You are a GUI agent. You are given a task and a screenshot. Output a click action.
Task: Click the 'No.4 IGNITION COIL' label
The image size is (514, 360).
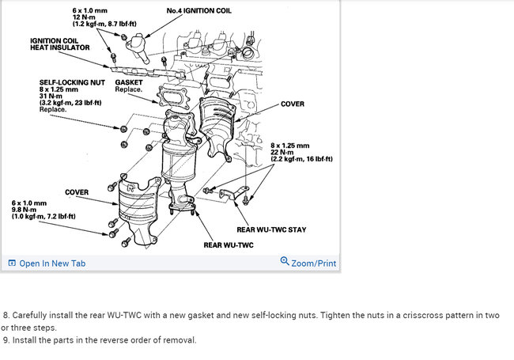click(198, 10)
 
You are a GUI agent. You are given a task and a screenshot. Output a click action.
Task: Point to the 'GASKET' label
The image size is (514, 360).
click(130, 82)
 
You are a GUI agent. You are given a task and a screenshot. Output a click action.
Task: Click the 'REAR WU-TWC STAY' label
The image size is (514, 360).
click(271, 230)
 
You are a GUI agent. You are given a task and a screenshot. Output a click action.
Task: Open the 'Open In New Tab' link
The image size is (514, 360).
click(52, 263)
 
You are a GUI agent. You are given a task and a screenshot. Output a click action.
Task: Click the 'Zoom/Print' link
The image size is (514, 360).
click(313, 263)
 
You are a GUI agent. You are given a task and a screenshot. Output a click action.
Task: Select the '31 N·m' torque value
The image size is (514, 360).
click(53, 96)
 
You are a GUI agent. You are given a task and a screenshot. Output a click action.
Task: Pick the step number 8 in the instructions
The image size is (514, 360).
click(6, 315)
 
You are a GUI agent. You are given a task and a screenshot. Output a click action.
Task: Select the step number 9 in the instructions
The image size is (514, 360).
click(6, 340)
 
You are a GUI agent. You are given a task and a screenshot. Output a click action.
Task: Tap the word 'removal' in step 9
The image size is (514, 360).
click(179, 340)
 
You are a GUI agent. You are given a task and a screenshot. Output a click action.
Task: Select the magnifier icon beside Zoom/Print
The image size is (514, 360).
click(285, 263)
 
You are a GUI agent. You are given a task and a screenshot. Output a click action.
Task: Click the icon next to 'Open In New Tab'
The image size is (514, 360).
click(12, 263)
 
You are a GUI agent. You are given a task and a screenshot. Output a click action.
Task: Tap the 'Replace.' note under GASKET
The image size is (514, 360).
click(128, 89)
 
